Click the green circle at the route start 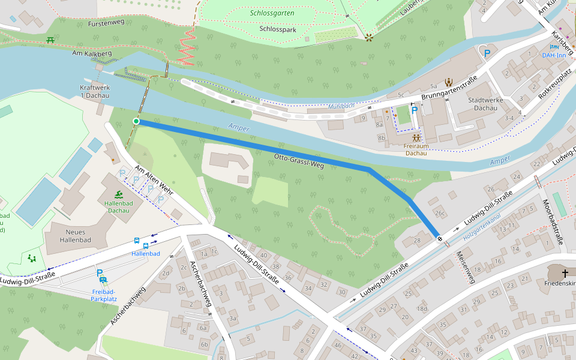pyautogui.click(x=136, y=122)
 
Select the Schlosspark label pyautogui.click(x=278, y=28)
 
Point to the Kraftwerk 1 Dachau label pyautogui.click(x=95, y=91)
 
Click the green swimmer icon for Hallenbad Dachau pyautogui.click(x=119, y=194)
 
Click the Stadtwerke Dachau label pyautogui.click(x=482, y=104)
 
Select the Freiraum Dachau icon pyautogui.click(x=416, y=137)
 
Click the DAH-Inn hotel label pyautogui.click(x=554, y=55)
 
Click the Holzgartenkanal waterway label pyautogui.click(x=482, y=229)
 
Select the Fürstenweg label pyautogui.click(x=106, y=23)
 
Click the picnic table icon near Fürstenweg pyautogui.click(x=50, y=40)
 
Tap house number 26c pyautogui.click(x=440, y=213)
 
